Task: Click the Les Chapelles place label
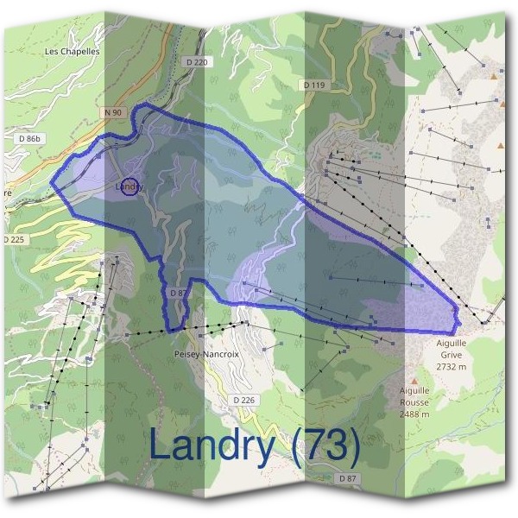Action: tap(73, 51)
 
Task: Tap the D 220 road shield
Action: tap(197, 62)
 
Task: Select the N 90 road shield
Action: tap(111, 112)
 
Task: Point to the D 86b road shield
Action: tap(29, 138)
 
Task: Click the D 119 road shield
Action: tap(314, 85)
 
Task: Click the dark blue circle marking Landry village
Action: tap(129, 186)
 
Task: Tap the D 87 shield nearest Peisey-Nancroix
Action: tap(178, 294)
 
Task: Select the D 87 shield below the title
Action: tap(347, 477)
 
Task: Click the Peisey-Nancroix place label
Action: tap(205, 354)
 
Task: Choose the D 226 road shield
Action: tap(244, 400)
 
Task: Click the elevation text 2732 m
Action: tap(451, 366)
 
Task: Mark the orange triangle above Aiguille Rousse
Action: tap(414, 378)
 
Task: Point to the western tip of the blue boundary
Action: tap(50, 182)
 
